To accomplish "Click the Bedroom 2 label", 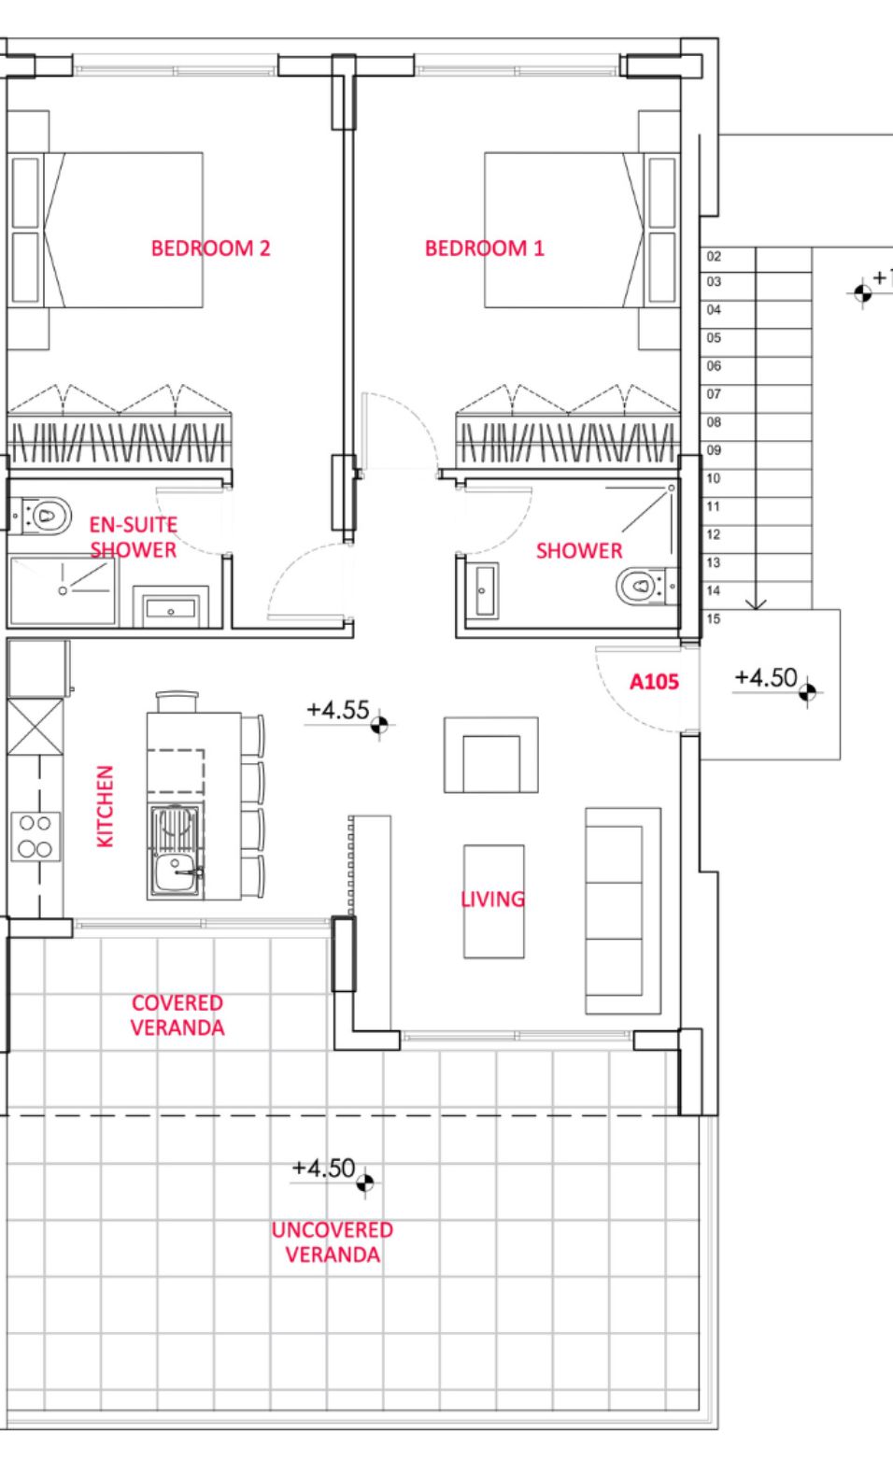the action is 210,248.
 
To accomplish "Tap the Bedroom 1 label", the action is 485,248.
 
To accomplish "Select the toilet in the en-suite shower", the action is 41,516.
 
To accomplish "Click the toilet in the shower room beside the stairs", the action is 647,585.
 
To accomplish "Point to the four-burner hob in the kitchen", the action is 35,836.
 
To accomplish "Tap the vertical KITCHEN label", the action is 106,806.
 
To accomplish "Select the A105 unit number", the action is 654,682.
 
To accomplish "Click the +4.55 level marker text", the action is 338,710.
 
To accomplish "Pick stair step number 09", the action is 714,450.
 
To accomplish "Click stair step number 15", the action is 714,618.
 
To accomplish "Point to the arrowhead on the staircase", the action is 756,604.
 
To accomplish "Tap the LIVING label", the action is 492,899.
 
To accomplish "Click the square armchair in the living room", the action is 491,755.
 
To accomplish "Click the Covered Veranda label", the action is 177,1014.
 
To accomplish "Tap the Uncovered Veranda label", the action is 333,1241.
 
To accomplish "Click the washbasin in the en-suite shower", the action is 170,608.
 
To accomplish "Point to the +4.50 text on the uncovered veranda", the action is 323,1168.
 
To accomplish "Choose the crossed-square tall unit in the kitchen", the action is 35,727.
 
